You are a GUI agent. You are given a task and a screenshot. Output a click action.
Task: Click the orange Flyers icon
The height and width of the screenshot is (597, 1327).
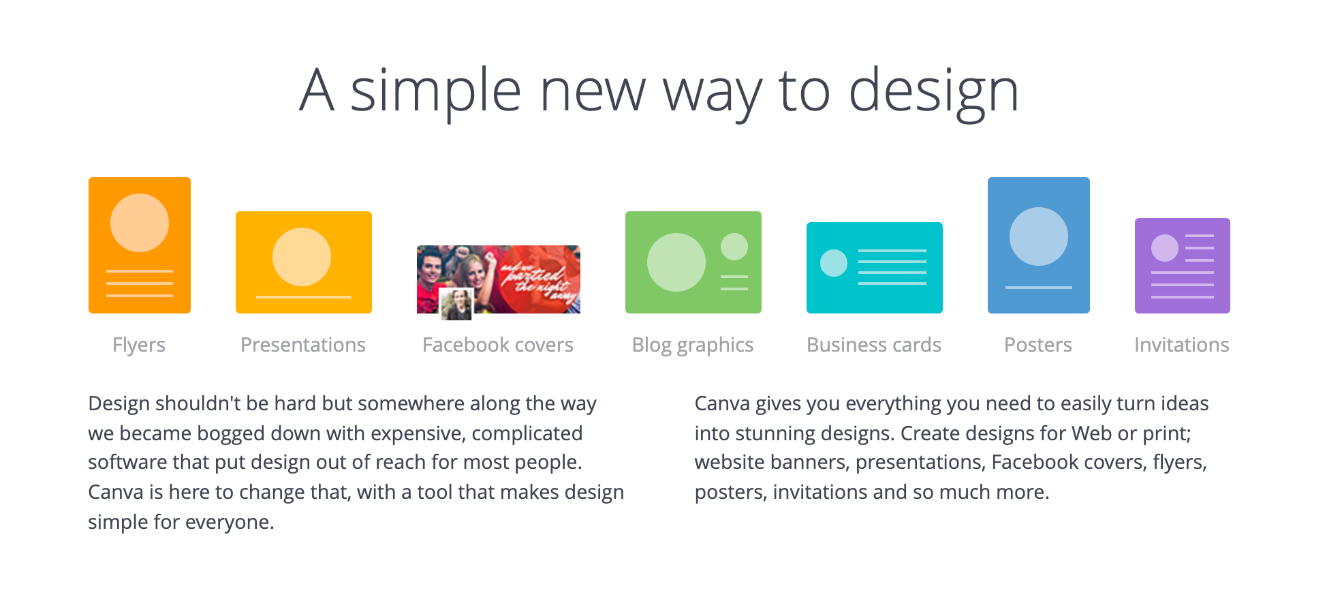pyautogui.click(x=140, y=245)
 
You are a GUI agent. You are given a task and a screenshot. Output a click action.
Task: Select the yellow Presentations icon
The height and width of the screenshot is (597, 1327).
pyautogui.click(x=304, y=262)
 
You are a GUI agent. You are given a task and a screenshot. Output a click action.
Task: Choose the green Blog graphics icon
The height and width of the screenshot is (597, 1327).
pyautogui.click(x=693, y=262)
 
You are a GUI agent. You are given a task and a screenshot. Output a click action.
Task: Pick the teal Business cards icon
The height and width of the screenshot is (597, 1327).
pyautogui.click(x=875, y=268)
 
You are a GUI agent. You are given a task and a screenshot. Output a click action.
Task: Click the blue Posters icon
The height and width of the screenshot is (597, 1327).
pyautogui.click(x=1039, y=245)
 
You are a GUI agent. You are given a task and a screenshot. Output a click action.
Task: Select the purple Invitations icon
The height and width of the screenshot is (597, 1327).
pyautogui.click(x=1183, y=266)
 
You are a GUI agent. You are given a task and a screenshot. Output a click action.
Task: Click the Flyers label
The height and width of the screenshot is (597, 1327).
pyautogui.click(x=139, y=346)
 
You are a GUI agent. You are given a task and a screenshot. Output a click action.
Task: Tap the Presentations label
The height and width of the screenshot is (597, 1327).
pyautogui.click(x=303, y=345)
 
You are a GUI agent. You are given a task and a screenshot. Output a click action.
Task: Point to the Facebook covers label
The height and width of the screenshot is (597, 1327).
pyautogui.click(x=498, y=345)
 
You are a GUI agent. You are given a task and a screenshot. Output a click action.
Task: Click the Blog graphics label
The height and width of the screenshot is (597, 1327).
pyautogui.click(x=693, y=346)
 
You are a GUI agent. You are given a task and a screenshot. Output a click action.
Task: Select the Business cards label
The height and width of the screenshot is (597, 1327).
pyautogui.click(x=874, y=345)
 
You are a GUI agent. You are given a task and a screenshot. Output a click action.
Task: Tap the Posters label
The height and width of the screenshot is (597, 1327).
pyautogui.click(x=1038, y=345)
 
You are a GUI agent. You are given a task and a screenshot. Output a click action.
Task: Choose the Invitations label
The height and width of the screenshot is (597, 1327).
pyautogui.click(x=1182, y=345)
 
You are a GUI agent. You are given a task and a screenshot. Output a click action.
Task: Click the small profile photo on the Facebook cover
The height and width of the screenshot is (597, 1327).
pyautogui.click(x=456, y=304)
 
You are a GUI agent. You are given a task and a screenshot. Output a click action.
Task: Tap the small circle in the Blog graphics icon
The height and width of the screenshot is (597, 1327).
pyautogui.click(x=734, y=247)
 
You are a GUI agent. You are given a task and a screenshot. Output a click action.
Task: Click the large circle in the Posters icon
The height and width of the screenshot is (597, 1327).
pyautogui.click(x=1039, y=236)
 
